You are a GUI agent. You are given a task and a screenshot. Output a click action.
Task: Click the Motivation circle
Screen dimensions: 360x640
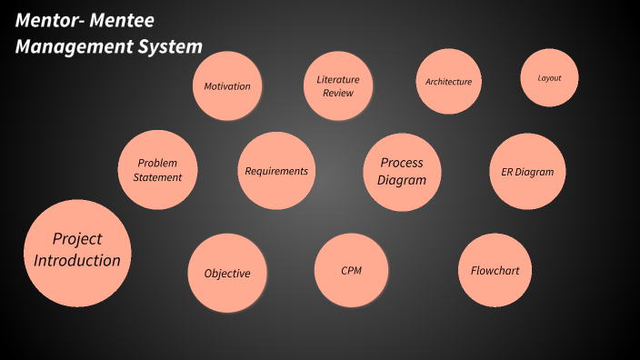tap(226, 86)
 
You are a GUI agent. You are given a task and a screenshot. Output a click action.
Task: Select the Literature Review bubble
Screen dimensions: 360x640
tap(338, 86)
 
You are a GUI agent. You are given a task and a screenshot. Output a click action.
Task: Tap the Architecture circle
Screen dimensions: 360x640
tap(449, 82)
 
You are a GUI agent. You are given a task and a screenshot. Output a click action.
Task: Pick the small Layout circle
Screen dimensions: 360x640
tap(549, 78)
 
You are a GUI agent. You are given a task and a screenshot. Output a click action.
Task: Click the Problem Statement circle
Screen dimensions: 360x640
tap(157, 170)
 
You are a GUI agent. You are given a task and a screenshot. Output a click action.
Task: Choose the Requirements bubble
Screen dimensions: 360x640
tap(276, 171)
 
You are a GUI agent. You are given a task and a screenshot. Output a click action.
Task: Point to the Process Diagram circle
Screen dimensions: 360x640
tap(402, 171)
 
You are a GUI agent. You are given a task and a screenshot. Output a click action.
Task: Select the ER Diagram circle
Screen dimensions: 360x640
tap(527, 171)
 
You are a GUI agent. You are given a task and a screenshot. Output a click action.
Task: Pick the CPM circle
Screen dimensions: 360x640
tap(352, 271)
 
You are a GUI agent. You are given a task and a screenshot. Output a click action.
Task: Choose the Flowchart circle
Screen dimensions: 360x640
tap(495, 271)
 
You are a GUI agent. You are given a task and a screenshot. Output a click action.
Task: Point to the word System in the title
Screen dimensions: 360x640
tap(170, 45)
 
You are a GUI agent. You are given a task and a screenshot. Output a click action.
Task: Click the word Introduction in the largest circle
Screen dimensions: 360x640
tap(77, 261)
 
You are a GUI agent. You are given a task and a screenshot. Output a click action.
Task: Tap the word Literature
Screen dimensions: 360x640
tap(338, 80)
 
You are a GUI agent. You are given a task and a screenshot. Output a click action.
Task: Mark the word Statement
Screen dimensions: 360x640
tap(157, 177)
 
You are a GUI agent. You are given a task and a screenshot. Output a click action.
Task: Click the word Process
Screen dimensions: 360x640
tap(402, 163)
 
